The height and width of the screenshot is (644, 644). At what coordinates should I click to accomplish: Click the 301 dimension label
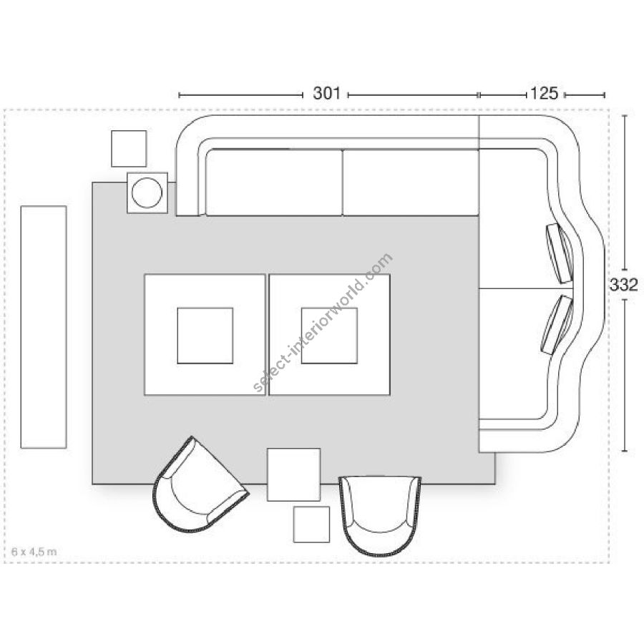pyautogui.click(x=326, y=94)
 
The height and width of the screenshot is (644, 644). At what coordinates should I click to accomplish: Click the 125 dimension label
pyautogui.click(x=545, y=94)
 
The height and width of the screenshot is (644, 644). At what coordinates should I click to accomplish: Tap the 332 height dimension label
pyautogui.click(x=623, y=285)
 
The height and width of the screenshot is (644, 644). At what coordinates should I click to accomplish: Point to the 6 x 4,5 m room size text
pyautogui.click(x=34, y=552)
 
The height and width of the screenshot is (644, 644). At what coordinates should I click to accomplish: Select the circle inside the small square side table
pyautogui.click(x=147, y=192)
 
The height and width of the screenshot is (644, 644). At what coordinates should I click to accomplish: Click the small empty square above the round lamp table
pyautogui.click(x=129, y=149)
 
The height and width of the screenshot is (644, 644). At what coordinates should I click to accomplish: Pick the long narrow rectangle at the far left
pyautogui.click(x=44, y=327)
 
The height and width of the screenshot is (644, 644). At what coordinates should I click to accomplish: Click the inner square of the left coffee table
pyautogui.click(x=205, y=336)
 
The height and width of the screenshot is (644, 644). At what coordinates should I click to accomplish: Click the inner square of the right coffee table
pyautogui.click(x=329, y=336)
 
